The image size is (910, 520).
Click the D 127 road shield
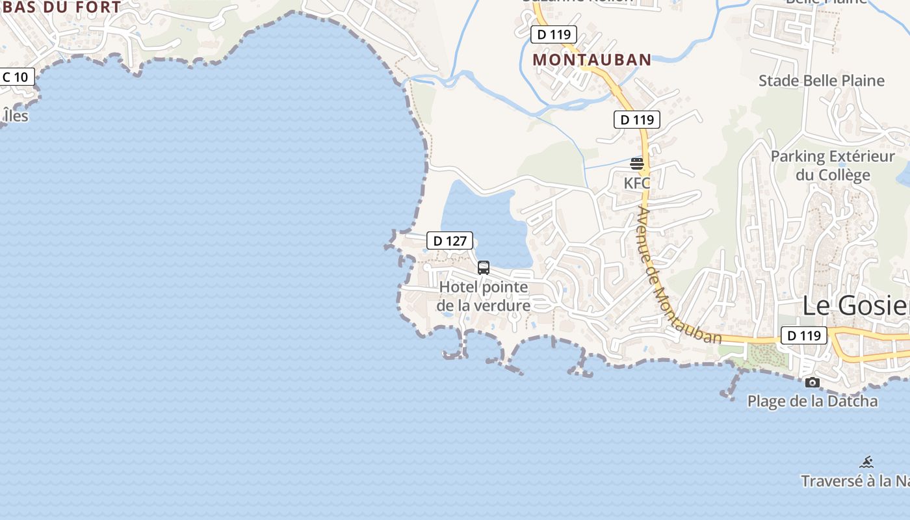coord(450,240)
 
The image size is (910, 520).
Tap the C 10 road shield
coord(15,77)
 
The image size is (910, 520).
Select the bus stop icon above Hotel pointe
coord(484,267)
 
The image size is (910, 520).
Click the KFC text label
coord(637,183)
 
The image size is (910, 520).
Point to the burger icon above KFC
coord(637,163)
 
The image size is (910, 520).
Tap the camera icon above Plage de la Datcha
coord(812,382)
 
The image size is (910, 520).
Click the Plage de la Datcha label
coord(812,401)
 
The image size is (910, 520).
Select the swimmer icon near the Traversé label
coord(866,462)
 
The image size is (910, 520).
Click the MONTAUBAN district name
coord(592,60)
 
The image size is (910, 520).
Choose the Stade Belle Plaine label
coord(822,81)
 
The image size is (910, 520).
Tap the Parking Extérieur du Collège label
coord(833,166)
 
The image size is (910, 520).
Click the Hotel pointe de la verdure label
coord(484,296)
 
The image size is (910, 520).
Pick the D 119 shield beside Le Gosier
coord(803,335)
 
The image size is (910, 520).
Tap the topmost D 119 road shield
coord(554,34)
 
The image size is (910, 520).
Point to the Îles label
coord(16,116)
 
